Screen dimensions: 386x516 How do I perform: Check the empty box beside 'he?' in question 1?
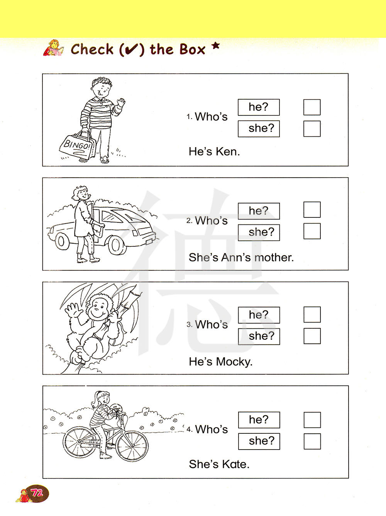tap(312, 107)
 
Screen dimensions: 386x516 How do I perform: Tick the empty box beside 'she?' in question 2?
tap(312, 231)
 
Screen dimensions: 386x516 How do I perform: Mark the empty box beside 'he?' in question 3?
tap(312, 314)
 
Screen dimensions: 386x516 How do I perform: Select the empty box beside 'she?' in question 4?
tap(312, 441)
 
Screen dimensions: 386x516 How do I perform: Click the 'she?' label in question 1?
tap(261, 128)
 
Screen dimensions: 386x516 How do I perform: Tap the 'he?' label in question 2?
tap(259, 210)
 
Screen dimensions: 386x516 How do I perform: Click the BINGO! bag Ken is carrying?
tap(78, 145)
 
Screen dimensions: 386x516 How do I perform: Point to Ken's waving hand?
tap(121, 102)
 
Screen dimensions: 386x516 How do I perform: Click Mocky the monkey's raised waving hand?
tap(73, 310)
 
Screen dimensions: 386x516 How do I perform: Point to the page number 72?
tap(37, 493)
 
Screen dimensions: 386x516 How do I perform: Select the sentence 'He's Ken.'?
tap(214, 152)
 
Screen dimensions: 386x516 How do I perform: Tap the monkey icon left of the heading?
tap(54, 48)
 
